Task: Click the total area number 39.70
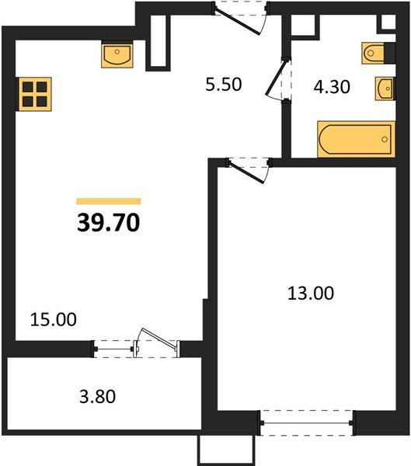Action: coord(108,223)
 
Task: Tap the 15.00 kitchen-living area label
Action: coord(54,319)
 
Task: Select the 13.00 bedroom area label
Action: coord(311,293)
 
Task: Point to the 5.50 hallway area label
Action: coord(224,85)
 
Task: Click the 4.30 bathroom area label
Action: coord(332,87)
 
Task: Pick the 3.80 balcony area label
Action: coord(98,397)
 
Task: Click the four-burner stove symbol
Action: coord(35,94)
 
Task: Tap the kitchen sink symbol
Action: coord(117,54)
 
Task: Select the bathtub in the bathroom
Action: coord(357,139)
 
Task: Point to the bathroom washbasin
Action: coord(385,89)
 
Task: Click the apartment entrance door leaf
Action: coord(237,22)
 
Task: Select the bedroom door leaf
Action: coord(246,172)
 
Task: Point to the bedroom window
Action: coord(307,423)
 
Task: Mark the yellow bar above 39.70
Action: coord(109,201)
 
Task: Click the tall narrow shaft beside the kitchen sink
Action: coord(158,41)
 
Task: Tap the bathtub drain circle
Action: coord(385,139)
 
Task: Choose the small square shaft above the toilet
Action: coord(388,22)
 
